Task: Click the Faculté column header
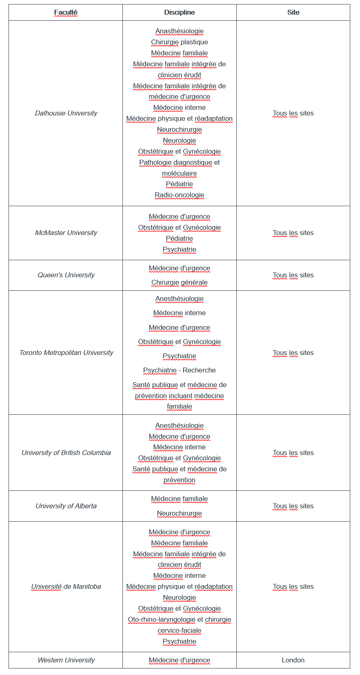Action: point(65,13)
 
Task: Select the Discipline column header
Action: point(179,13)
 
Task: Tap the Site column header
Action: point(293,13)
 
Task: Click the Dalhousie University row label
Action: point(66,113)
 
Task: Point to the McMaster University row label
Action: point(66,233)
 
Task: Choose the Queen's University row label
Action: point(66,275)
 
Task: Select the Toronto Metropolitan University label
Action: point(66,353)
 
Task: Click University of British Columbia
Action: point(66,453)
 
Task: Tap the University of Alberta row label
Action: point(66,506)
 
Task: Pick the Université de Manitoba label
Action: point(66,587)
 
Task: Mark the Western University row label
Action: point(66,660)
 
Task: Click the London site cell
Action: point(293,660)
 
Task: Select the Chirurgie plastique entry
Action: point(179,42)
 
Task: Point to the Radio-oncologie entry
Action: point(179,195)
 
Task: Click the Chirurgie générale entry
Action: point(179,283)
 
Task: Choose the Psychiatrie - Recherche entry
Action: point(179,370)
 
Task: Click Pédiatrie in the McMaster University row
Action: point(179,239)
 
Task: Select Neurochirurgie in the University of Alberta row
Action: point(179,514)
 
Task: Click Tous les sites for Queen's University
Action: point(293,275)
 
